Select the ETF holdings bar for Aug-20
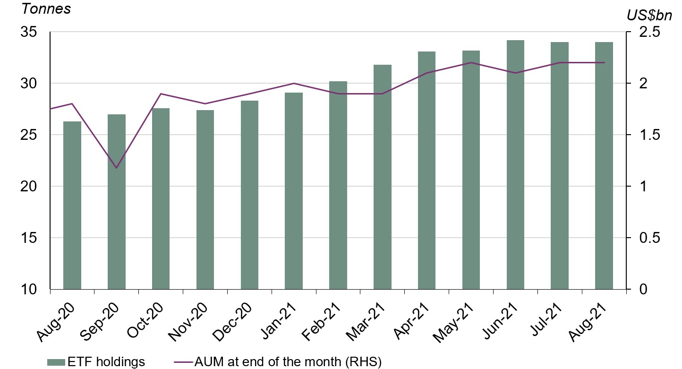click(x=72, y=205)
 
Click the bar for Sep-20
click(x=117, y=202)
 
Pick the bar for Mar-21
click(x=382, y=177)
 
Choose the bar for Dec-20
click(x=249, y=195)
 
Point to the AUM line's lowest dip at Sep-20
click(x=116, y=168)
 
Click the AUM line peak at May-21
click(x=471, y=62)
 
